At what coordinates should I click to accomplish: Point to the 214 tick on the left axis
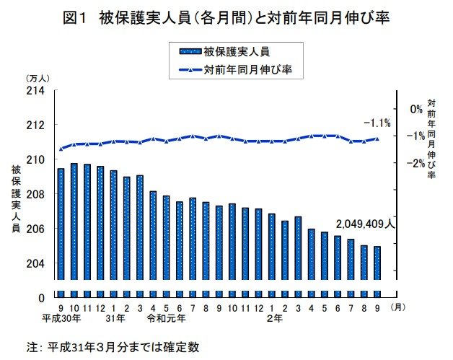pos(36,90)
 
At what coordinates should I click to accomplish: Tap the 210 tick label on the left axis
pos(36,159)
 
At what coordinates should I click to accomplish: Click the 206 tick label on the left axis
pos(36,229)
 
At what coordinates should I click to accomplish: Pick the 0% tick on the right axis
pos(415,109)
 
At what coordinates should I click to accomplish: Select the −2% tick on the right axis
pos(413,163)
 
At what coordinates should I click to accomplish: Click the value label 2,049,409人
pos(365,224)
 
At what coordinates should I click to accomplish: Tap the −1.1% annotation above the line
pos(377,123)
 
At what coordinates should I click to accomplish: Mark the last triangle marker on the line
pos(377,139)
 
